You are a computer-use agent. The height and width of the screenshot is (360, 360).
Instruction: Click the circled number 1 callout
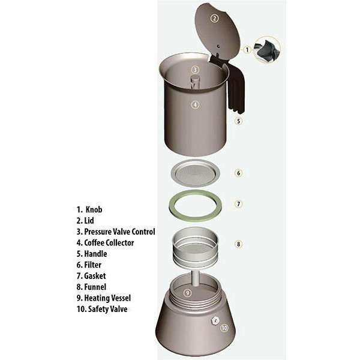click(247, 50)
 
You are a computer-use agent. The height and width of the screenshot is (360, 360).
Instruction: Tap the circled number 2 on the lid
click(214, 19)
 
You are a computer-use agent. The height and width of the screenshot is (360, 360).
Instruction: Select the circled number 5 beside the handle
click(239, 121)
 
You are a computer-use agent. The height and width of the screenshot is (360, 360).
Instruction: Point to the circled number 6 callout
click(239, 173)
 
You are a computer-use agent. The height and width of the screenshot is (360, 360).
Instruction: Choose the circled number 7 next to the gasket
click(239, 204)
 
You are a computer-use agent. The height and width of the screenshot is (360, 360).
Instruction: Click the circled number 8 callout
click(239, 244)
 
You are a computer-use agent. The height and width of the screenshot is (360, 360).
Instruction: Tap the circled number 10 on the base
click(224, 328)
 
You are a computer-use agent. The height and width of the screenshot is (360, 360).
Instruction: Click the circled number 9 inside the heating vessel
click(188, 293)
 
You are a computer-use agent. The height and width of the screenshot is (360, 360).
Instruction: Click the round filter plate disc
click(196, 173)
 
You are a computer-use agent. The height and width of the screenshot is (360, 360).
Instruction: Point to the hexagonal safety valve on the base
click(215, 320)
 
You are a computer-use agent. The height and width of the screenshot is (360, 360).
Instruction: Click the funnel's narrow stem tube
click(196, 278)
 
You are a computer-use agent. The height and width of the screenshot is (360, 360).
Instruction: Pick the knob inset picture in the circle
click(267, 50)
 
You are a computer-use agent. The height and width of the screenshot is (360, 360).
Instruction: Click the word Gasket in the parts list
click(95, 276)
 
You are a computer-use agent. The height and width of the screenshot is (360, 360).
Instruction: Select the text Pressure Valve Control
click(119, 232)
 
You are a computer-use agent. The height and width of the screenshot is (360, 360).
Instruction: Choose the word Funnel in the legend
click(95, 287)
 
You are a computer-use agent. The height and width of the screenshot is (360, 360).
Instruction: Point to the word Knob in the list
click(94, 209)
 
